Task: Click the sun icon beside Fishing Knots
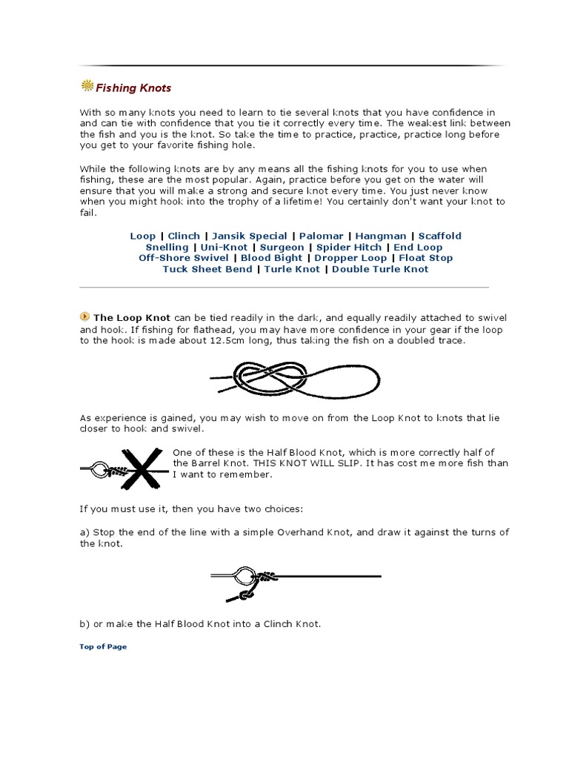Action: pyautogui.click(x=87, y=87)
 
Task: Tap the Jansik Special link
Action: pyautogui.click(x=250, y=236)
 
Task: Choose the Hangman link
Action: pyautogui.click(x=380, y=236)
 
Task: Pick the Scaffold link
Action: pyautogui.click(x=439, y=236)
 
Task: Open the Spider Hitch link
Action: pyautogui.click(x=349, y=247)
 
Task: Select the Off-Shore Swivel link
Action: pyautogui.click(x=184, y=258)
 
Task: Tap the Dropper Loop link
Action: pyautogui.click(x=350, y=258)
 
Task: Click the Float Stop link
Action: pyautogui.click(x=426, y=258)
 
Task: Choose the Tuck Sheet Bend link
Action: pyautogui.click(x=207, y=269)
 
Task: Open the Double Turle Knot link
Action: pyautogui.click(x=380, y=269)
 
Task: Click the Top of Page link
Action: pyautogui.click(x=103, y=646)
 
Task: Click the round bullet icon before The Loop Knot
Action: pyautogui.click(x=84, y=316)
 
